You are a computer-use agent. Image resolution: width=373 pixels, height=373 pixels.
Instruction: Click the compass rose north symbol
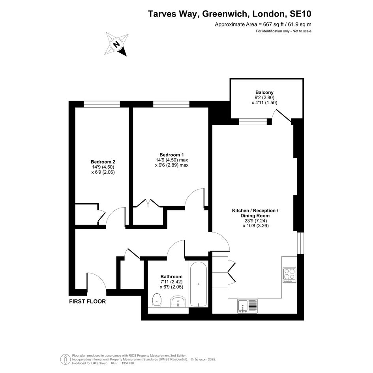coord(116,45)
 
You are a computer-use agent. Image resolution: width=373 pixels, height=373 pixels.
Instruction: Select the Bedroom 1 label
coord(172,155)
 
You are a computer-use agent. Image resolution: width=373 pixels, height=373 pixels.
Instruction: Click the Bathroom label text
coord(171,277)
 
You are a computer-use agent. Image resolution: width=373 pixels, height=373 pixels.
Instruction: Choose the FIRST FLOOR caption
coord(87,302)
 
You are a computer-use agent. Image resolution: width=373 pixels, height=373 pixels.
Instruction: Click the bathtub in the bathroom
coord(199,284)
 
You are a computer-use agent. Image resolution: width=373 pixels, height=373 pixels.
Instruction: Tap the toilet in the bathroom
coord(157,300)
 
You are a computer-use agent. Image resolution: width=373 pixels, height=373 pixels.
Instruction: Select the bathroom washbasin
coord(178,302)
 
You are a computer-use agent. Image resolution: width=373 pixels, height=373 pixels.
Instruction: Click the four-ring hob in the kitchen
coord(289,275)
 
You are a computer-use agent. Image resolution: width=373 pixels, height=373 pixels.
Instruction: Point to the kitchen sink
coord(247,306)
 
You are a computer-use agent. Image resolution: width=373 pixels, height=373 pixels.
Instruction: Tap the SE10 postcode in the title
coord(300,14)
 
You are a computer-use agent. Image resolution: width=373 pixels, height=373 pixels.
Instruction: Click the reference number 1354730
coord(128,363)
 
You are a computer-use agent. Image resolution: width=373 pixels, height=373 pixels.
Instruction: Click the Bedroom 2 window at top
coord(101,104)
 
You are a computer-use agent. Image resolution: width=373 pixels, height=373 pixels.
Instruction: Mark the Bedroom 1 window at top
coord(171,104)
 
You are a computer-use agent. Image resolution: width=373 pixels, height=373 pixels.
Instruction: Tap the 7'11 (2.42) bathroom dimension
coord(171,282)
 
